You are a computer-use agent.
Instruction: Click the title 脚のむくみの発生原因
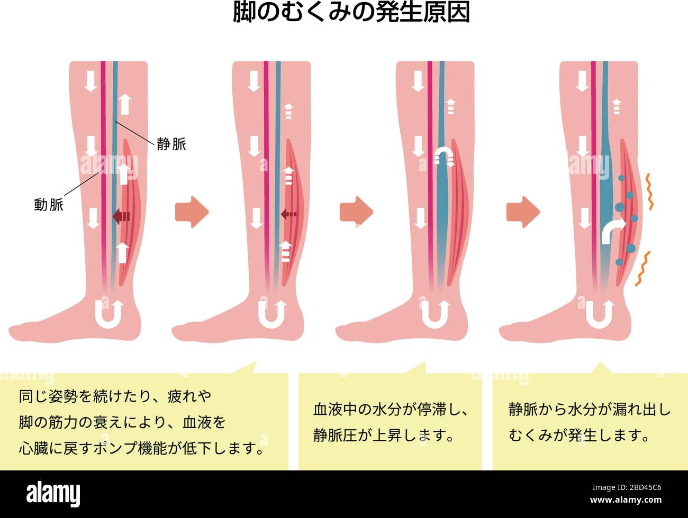point(351,13)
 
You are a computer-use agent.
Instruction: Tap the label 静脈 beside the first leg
point(171,144)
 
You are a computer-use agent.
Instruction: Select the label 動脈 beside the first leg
point(49,205)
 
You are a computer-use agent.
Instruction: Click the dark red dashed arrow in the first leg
point(121,216)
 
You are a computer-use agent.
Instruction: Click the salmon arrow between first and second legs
point(192,212)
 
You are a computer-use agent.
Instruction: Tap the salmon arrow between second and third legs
point(356,212)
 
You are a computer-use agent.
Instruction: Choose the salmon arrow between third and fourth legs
point(523,212)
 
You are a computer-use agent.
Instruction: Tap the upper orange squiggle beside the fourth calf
point(650,191)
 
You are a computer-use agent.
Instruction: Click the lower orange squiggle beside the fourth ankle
point(642,269)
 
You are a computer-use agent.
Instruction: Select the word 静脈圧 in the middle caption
point(335,435)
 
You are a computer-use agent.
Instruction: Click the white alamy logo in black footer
point(53,494)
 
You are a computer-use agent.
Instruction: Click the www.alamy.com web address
point(626,500)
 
